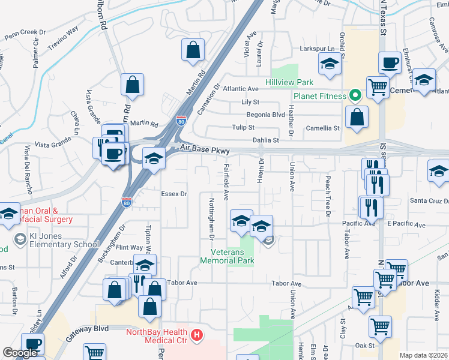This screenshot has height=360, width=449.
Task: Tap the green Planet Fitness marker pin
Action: [x=355, y=95]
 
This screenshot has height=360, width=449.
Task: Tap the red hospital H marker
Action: [x=196, y=335]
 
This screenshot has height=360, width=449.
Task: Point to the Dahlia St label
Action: [x=267, y=140]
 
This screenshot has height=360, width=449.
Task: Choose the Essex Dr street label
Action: [x=175, y=194]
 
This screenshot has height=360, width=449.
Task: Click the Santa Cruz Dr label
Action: [x=428, y=200]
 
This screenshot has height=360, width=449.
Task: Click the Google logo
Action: [x=20, y=352]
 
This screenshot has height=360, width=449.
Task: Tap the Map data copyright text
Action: [x=424, y=355]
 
